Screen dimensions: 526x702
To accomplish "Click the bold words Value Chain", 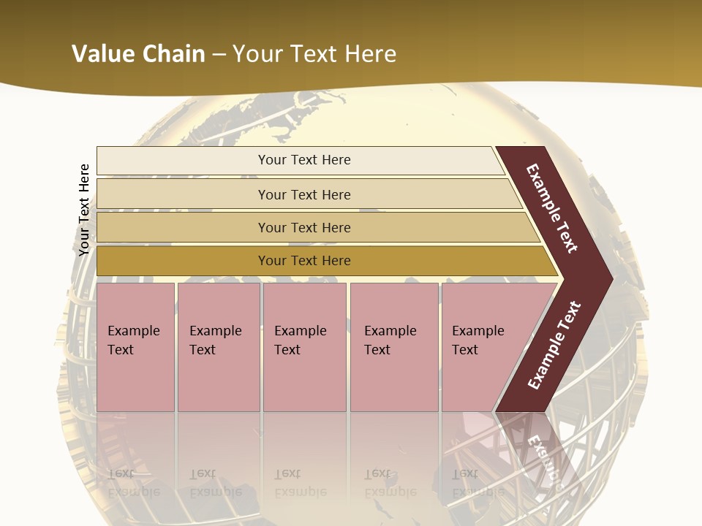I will tap(138, 54).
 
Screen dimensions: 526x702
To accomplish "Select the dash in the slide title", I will tap(219, 55).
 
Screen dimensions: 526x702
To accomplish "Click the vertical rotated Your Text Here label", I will tap(84, 210).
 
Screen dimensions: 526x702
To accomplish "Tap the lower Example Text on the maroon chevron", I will tap(554, 346).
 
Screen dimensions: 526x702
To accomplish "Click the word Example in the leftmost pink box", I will tap(133, 331).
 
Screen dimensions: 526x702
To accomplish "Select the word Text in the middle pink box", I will tap(287, 350).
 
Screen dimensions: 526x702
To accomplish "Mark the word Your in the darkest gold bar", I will tap(272, 261).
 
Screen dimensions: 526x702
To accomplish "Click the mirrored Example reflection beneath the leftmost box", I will tap(133, 492).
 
